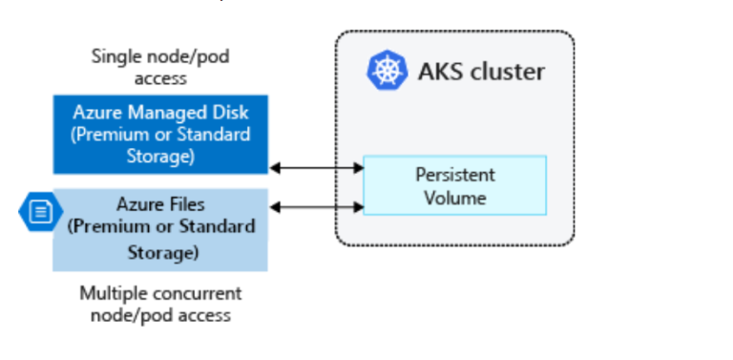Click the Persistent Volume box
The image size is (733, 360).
pos(454,185)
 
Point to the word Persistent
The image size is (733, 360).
pos(454,175)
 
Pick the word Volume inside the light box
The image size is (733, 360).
pos(454,198)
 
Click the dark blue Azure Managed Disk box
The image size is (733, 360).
pos(160,135)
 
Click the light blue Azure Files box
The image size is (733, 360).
pos(160,229)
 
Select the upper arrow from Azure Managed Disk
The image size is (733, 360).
pos(317,168)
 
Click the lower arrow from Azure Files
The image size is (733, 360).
pos(317,205)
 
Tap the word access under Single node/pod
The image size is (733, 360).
pos(159,77)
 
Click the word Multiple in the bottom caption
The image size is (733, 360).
pos(110,293)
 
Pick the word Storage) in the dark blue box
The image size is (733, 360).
pos(160,156)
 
